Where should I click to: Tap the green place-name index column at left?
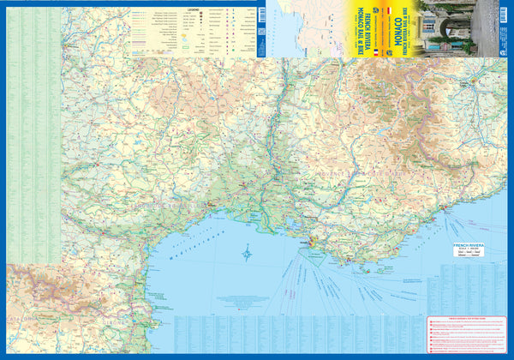[34, 129]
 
